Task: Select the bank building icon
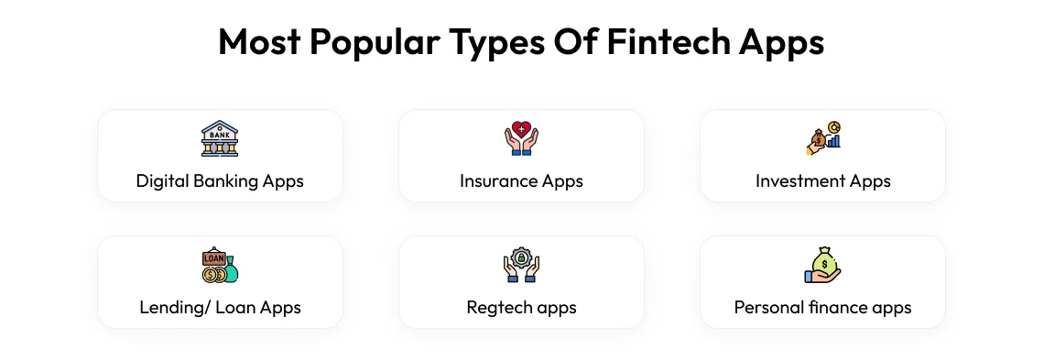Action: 220,138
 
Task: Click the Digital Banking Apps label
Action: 220,180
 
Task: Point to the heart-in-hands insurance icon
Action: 521,138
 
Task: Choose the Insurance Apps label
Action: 521,180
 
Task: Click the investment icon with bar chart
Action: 822,138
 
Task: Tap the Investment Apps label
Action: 822,180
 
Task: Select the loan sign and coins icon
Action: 220,265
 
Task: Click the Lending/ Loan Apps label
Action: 220,307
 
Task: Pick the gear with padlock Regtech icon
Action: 521,265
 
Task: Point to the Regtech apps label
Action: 521,307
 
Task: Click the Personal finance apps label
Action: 822,307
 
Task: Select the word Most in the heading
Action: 256,42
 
